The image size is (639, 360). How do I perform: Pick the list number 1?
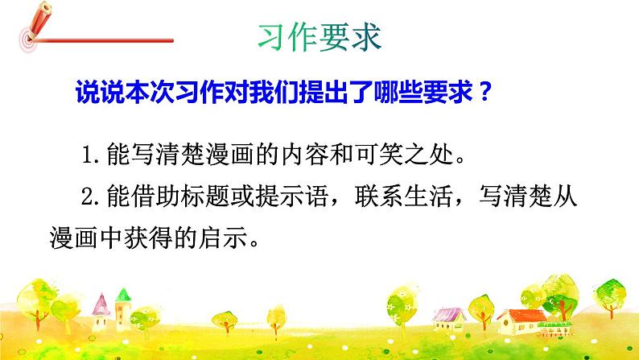(87, 153)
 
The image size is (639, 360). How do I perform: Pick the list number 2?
(87, 197)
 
